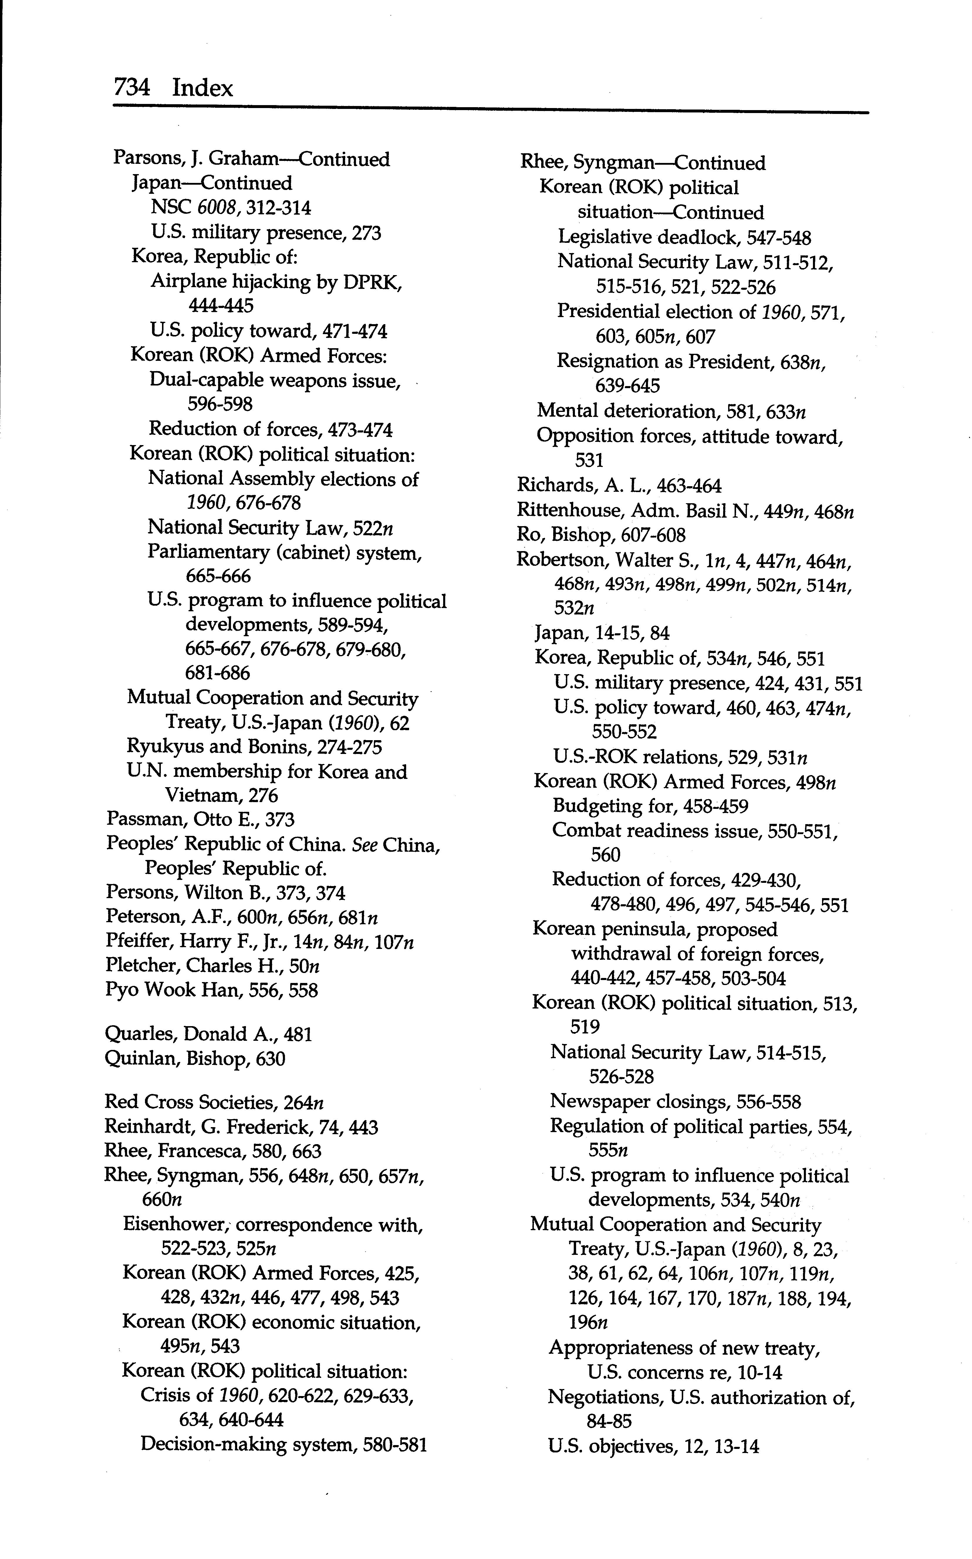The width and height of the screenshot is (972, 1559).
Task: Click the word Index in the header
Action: click(x=203, y=87)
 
